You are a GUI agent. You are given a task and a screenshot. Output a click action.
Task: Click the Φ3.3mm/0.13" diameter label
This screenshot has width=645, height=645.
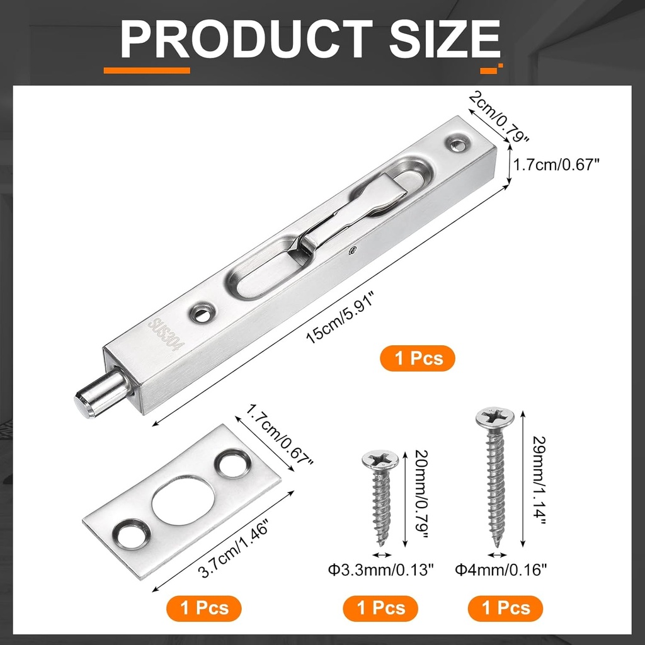[x=381, y=571]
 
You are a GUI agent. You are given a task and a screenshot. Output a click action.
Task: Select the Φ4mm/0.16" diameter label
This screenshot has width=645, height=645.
[x=501, y=571]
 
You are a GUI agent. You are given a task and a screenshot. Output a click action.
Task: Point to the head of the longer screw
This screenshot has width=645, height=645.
[x=496, y=417]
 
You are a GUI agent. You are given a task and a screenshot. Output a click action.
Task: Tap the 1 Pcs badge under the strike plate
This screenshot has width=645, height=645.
[x=203, y=608]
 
